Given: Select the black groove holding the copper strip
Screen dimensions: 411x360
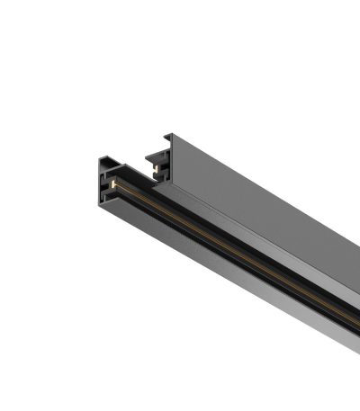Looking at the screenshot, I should tap(225, 252).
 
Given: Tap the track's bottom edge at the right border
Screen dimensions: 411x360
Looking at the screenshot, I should tap(357, 364).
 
